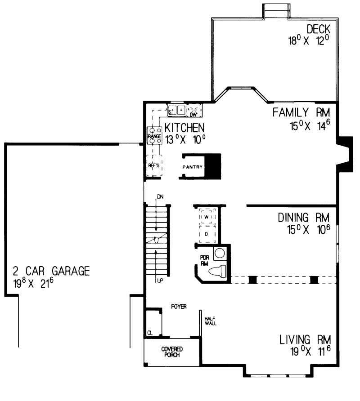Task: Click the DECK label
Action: tap(319, 30)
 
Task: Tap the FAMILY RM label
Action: tap(304, 112)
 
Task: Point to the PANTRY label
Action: tap(193, 167)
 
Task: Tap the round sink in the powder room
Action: tap(220, 253)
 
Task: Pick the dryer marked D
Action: tap(207, 234)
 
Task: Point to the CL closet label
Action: tap(149, 333)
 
